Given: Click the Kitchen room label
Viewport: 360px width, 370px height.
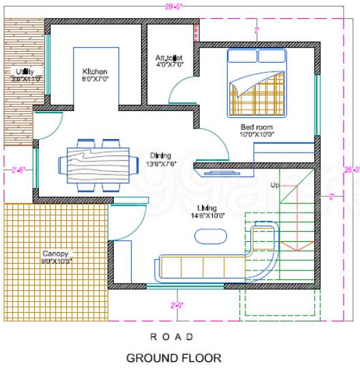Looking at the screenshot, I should pyautogui.click(x=95, y=72).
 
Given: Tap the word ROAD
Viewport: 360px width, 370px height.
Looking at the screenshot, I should pyautogui.click(x=172, y=337).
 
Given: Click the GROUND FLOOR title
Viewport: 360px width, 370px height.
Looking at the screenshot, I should pyautogui.click(x=173, y=357).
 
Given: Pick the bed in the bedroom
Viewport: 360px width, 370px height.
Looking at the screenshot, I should pyautogui.click(x=258, y=82).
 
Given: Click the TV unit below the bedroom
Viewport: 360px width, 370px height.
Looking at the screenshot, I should pyautogui.click(x=222, y=172).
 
